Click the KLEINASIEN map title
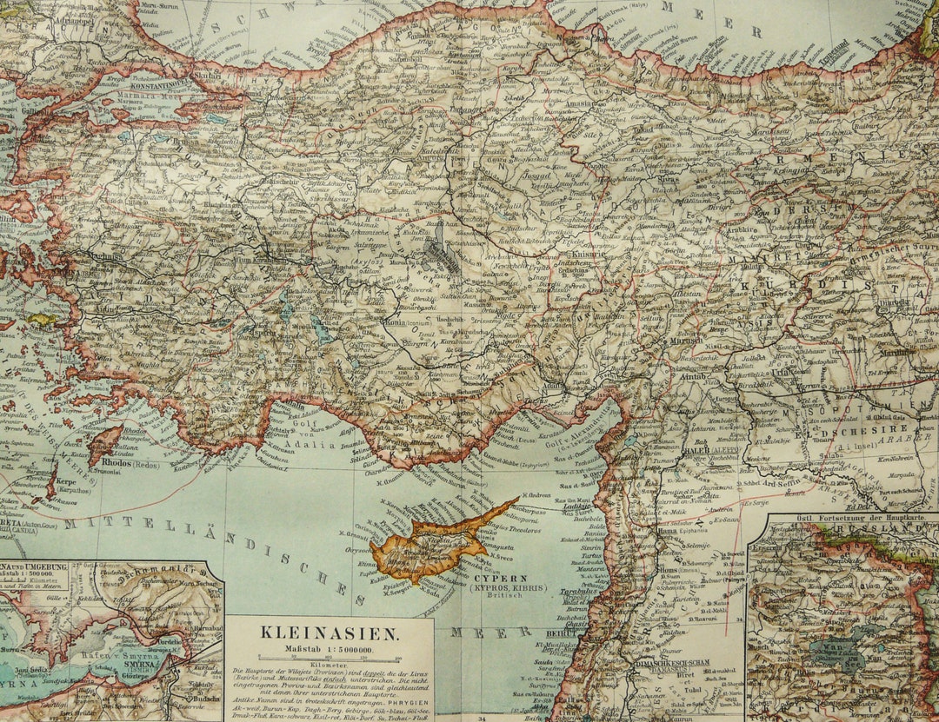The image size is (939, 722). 328,635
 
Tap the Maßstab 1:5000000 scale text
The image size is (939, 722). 328,649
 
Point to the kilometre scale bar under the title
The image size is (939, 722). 329,659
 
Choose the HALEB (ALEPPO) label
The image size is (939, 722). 713,451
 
